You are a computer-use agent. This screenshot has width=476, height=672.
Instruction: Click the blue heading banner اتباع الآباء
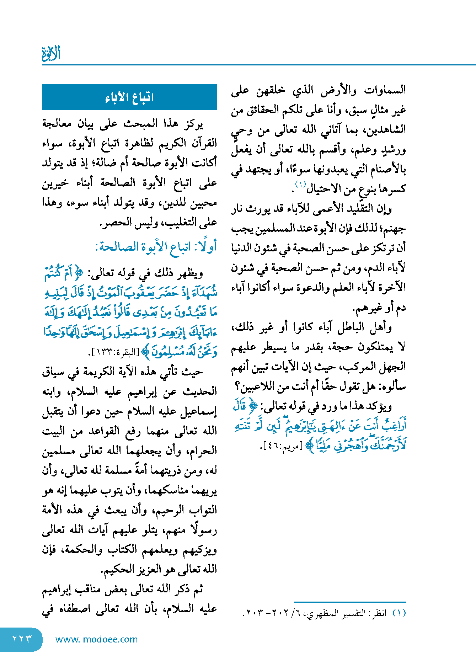click(129, 97)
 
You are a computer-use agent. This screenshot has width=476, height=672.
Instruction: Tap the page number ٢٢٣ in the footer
click(22, 639)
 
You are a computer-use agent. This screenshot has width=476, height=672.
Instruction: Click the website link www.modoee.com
click(96, 639)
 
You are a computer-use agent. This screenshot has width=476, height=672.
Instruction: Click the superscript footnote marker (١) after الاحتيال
click(300, 184)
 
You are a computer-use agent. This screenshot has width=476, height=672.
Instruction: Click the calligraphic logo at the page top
click(51, 53)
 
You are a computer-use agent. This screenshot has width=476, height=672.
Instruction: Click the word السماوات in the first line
click(385, 90)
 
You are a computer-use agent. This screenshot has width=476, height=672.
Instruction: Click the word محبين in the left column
click(204, 203)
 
